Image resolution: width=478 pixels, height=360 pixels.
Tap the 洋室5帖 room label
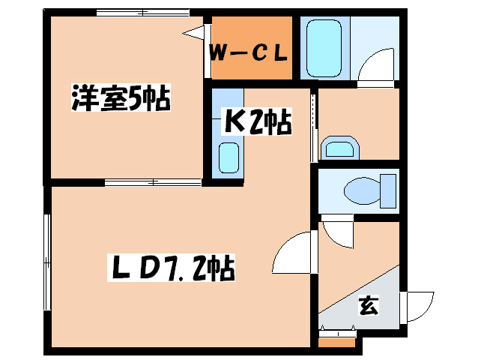(120, 100)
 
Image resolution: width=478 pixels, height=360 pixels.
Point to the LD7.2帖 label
(172, 267)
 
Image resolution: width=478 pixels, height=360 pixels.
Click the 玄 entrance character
(367, 305)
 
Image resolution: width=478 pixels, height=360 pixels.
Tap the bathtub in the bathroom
(324, 47)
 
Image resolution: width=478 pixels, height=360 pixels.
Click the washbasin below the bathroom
(339, 148)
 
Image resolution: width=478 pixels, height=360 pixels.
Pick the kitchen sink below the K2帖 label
(229, 157)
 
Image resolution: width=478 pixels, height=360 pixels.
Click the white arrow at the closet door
(196, 32)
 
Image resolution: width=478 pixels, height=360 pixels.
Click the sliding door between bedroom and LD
(154, 181)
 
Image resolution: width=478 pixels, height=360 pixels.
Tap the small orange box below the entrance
(336, 342)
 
